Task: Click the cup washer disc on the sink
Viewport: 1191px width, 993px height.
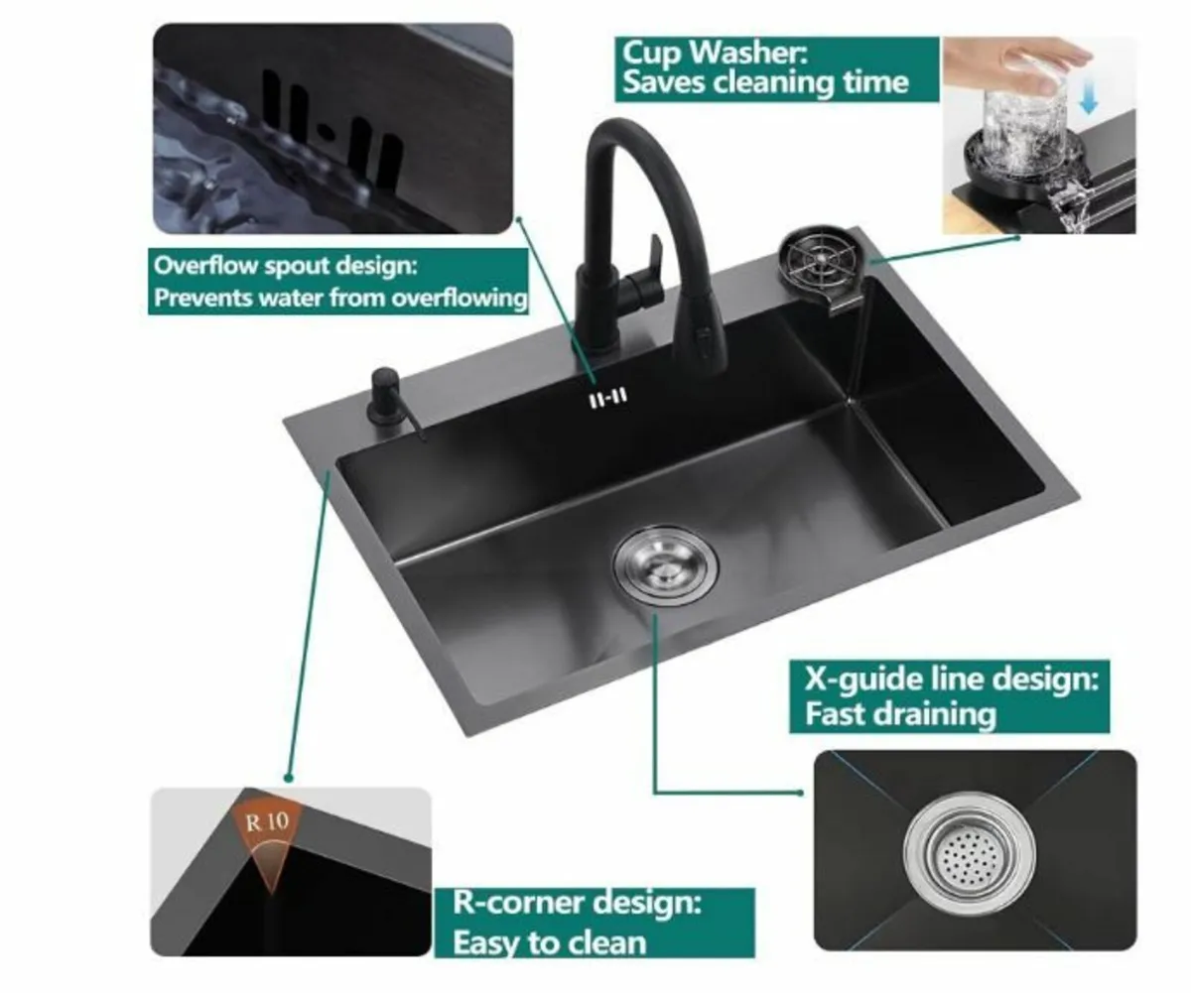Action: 821,260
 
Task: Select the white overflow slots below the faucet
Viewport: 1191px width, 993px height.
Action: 607,398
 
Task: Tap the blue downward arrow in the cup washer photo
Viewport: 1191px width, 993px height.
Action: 1089,96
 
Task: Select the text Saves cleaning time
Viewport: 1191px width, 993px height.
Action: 764,81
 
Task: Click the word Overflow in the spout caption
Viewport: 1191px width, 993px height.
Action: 206,266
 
